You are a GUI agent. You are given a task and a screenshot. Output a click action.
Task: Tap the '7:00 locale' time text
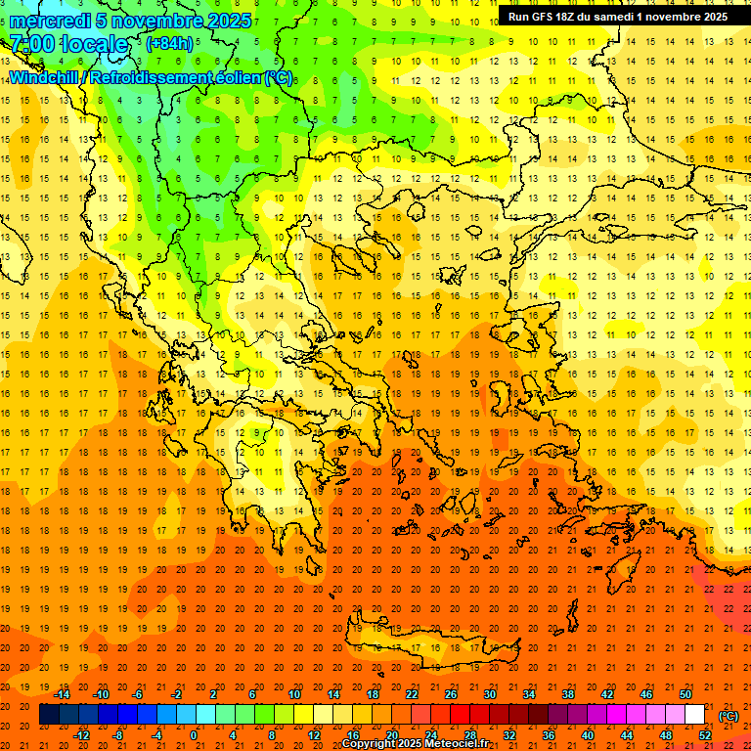click(x=68, y=44)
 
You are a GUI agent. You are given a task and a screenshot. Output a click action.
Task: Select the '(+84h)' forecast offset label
click(x=170, y=44)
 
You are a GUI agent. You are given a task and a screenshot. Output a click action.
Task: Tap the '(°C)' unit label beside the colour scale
click(x=729, y=716)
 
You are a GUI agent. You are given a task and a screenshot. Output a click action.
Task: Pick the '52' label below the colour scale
click(x=705, y=735)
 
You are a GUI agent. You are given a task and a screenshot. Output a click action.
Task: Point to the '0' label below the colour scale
click(x=194, y=735)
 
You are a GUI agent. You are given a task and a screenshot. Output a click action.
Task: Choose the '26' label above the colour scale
click(x=451, y=694)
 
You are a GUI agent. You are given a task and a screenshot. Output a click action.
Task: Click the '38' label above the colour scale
click(x=568, y=694)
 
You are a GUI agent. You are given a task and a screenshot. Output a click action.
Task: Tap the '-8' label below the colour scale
click(x=117, y=735)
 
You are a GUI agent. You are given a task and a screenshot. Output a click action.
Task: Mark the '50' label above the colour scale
click(x=685, y=694)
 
